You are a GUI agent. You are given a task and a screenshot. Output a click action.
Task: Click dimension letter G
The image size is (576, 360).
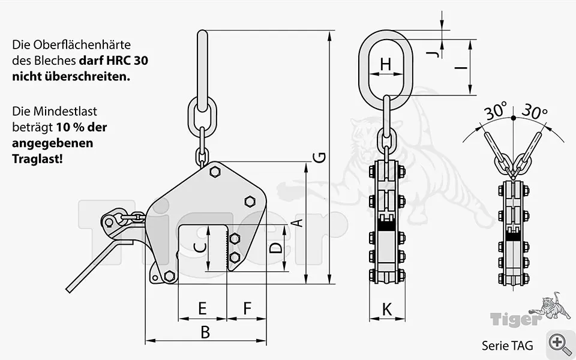[x=320, y=158]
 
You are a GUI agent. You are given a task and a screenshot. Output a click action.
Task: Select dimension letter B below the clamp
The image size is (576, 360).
[x=205, y=332]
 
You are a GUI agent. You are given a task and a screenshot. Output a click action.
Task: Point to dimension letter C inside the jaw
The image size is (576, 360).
[x=200, y=248]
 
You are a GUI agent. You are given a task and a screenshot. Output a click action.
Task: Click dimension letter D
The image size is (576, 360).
[x=275, y=248]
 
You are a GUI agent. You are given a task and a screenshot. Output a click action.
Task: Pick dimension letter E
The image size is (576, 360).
[x=202, y=308]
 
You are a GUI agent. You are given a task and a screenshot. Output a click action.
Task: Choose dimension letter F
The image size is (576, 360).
[x=247, y=308]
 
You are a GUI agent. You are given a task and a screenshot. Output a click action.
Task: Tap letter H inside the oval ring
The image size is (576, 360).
[x=385, y=64]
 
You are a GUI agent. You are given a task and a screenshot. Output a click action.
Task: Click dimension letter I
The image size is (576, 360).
[x=461, y=68]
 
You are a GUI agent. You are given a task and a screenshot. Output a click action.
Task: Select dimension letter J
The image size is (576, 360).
[x=433, y=55]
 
